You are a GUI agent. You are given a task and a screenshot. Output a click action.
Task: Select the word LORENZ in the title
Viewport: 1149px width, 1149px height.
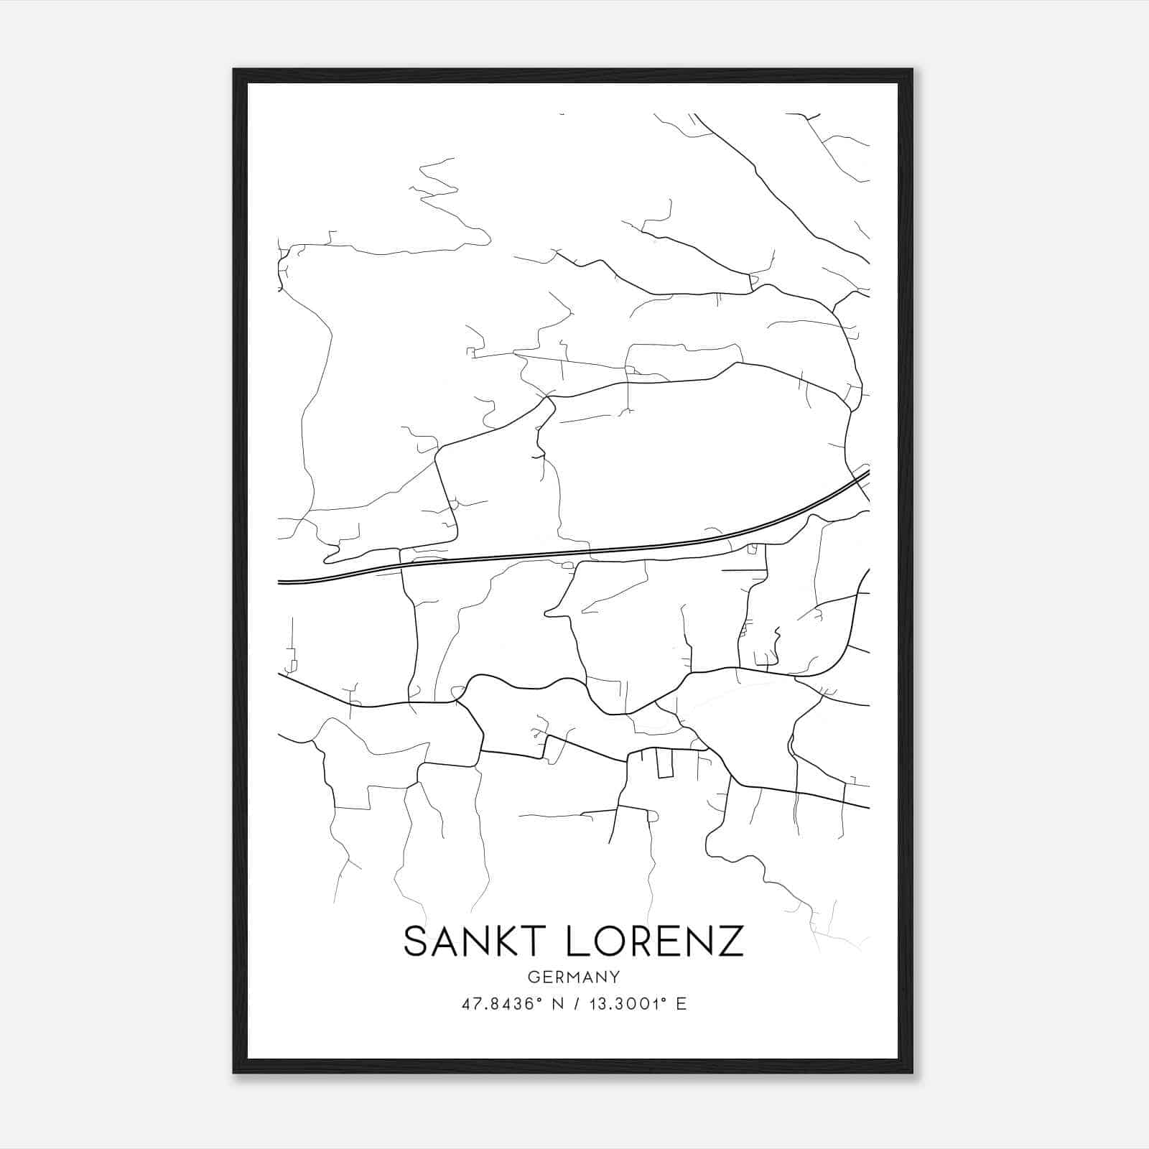pos(656,941)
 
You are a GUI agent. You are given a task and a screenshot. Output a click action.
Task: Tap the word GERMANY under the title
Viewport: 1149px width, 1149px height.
pos(574,977)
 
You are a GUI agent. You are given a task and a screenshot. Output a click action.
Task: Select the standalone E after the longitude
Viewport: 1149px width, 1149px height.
pos(682,1004)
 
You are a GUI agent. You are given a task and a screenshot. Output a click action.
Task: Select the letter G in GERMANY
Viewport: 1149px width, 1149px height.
pos(533,977)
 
